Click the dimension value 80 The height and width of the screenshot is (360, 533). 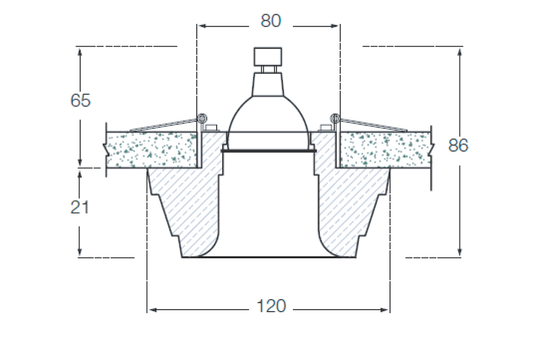point(271,21)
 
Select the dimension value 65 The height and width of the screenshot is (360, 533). point(80,100)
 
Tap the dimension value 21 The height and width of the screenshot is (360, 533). point(80,207)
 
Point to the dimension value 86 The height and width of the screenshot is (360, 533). point(458,145)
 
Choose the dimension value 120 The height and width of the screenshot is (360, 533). point(271,306)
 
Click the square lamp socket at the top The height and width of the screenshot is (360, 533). point(268,57)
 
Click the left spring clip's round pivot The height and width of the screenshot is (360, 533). point(202,118)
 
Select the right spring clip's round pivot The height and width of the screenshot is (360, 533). point(335,118)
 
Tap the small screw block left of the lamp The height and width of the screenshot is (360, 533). point(211,128)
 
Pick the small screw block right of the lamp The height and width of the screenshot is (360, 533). point(326,128)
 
